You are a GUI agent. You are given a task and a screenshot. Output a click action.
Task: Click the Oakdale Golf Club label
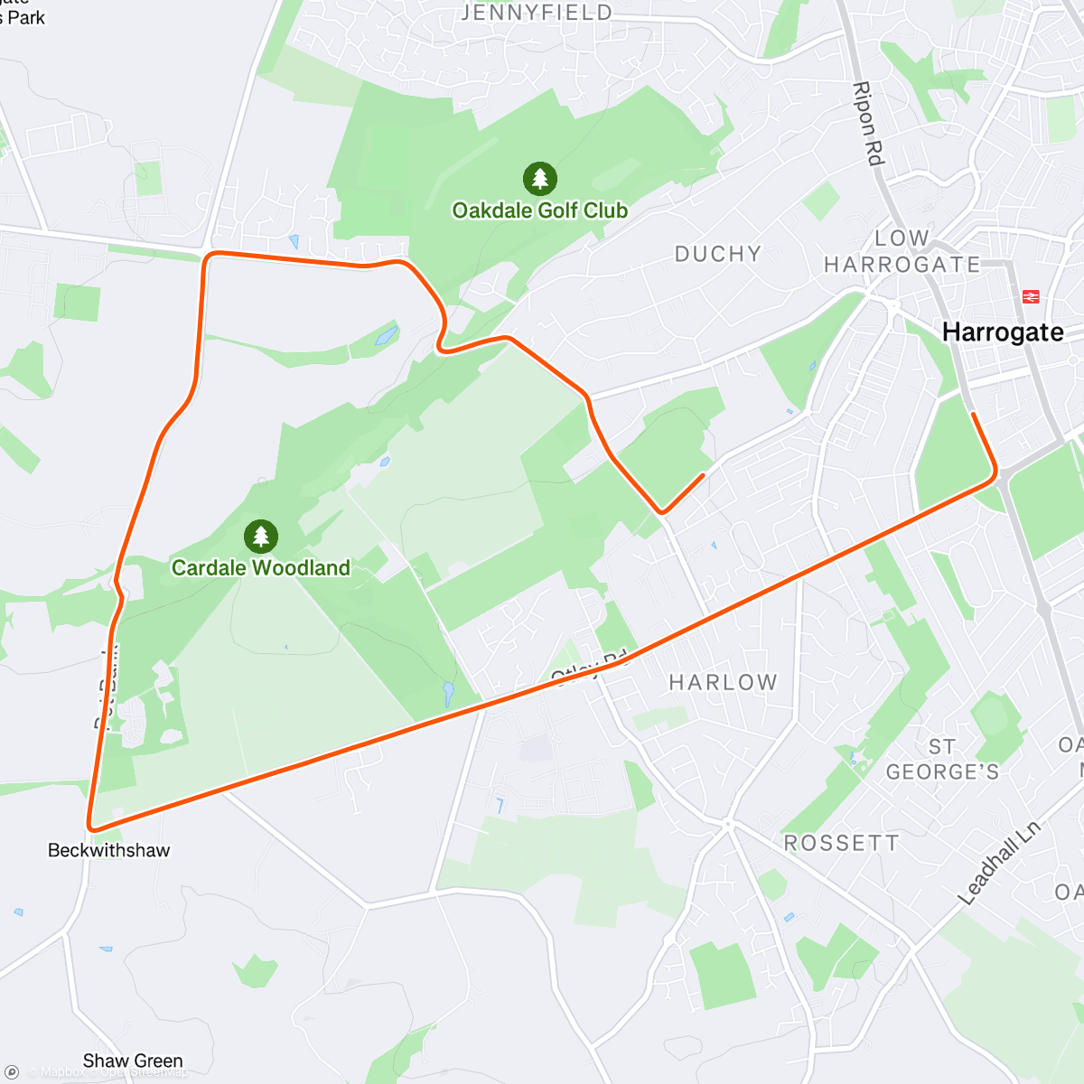click(x=539, y=210)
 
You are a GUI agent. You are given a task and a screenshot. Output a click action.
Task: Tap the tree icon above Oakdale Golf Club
click(x=539, y=179)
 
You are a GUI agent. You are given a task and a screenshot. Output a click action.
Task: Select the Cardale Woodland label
click(x=261, y=568)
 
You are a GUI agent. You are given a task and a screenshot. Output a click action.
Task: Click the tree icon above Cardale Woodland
click(x=261, y=537)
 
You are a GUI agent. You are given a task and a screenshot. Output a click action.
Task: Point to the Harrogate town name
click(x=1003, y=332)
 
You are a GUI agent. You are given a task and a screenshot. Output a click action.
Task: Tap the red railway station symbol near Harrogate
click(x=1030, y=296)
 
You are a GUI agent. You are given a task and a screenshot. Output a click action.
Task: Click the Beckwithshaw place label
click(x=108, y=850)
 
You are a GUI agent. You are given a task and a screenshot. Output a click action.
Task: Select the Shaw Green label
click(x=133, y=1061)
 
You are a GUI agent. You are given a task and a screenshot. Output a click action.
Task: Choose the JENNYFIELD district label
click(x=537, y=13)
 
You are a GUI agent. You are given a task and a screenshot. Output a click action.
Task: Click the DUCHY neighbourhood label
click(x=718, y=254)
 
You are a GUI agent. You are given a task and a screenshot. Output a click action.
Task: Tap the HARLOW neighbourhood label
click(x=723, y=682)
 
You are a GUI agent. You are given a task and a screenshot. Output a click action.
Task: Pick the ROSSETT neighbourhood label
click(x=841, y=843)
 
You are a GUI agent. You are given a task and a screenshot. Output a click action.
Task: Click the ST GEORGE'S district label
click(x=942, y=760)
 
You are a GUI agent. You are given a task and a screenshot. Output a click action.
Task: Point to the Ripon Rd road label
click(x=866, y=124)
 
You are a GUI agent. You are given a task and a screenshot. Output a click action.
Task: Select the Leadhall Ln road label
click(x=999, y=862)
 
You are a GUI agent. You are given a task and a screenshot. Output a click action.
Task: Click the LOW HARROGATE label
click(x=902, y=251)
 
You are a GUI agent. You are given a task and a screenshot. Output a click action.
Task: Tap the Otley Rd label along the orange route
click(x=589, y=667)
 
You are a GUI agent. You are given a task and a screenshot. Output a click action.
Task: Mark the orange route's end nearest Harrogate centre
click(x=974, y=415)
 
